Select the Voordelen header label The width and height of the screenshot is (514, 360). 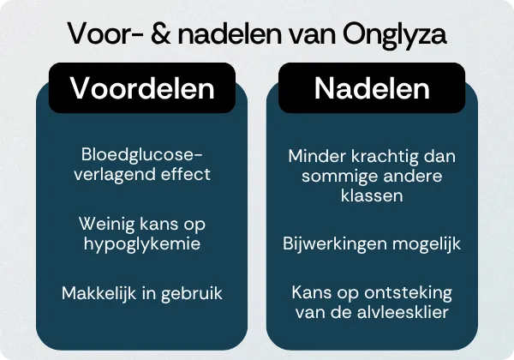141,88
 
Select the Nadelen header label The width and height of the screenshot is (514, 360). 371,88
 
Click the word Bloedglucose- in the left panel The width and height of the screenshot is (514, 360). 141,155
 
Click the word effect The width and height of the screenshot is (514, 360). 182,174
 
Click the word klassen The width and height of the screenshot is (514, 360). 371,196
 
